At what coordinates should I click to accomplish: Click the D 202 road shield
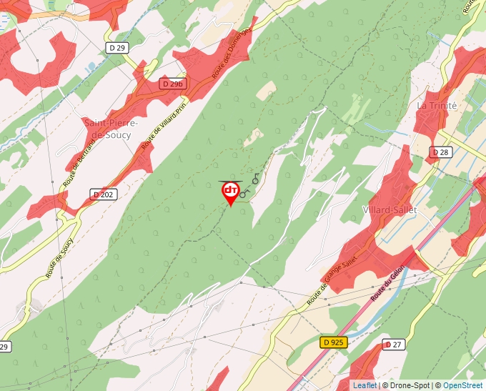[x=104, y=194]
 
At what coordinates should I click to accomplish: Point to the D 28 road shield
[x=440, y=152]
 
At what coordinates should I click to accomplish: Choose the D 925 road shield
[x=333, y=342]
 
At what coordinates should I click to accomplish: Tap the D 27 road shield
[x=393, y=345]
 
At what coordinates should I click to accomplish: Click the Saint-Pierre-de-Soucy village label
[x=111, y=128]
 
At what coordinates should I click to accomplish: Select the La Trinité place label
[x=436, y=105]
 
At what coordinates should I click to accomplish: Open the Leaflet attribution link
[x=364, y=385]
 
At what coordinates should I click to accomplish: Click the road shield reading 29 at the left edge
[x=4, y=347]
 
